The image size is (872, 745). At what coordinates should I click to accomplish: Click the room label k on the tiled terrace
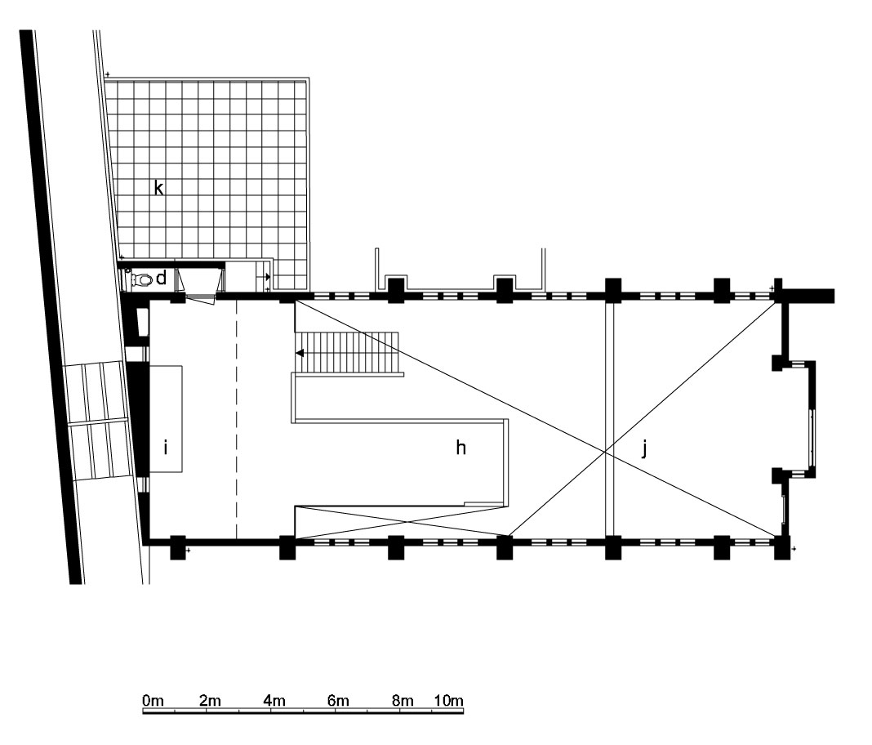(x=159, y=188)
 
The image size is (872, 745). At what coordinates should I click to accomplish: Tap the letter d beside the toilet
(x=162, y=278)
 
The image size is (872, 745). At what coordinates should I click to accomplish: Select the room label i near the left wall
(x=165, y=447)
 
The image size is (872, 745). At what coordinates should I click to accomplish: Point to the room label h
(x=460, y=447)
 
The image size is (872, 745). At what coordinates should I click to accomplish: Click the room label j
(x=644, y=448)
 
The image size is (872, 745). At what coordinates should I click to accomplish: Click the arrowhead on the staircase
(x=299, y=353)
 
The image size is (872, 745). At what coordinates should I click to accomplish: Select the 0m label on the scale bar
(x=153, y=701)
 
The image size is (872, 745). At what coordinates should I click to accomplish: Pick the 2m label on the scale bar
(x=210, y=701)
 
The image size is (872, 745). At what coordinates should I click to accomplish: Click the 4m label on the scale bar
(x=274, y=701)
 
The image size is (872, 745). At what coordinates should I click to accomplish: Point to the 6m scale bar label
(x=338, y=701)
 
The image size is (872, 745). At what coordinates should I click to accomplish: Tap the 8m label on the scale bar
(x=403, y=701)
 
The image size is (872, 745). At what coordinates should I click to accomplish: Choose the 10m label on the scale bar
(x=448, y=701)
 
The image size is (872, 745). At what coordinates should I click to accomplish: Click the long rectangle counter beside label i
(x=166, y=418)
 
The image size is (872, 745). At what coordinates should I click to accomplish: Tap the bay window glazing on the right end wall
(x=813, y=437)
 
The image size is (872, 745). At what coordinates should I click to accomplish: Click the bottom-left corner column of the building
(x=177, y=547)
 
